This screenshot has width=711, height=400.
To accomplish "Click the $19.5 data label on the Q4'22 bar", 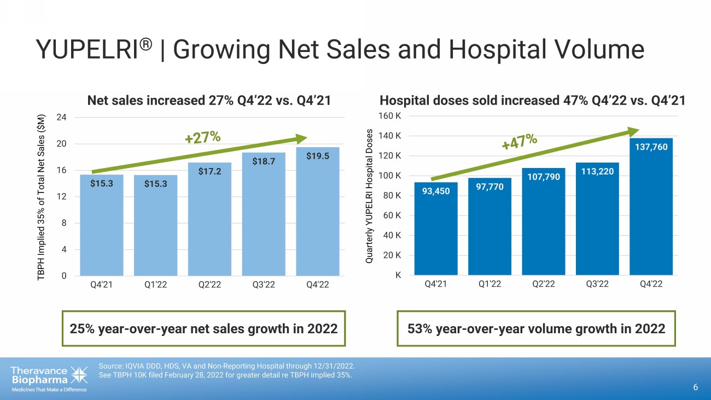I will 318,156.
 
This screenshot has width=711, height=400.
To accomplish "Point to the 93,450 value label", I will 436,191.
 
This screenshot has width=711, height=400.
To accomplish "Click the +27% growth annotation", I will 202,137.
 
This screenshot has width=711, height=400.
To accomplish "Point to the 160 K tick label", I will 391,116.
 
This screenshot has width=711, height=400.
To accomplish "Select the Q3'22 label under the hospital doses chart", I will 597,284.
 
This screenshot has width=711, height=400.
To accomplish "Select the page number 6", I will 695,387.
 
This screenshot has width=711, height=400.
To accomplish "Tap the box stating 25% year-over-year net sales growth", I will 204,328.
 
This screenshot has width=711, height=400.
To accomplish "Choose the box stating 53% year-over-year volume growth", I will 536,328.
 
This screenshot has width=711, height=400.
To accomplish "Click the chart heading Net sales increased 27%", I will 209,100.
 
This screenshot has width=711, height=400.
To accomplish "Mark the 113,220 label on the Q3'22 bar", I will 597,171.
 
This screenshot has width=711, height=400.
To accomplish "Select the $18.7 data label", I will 264,161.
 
